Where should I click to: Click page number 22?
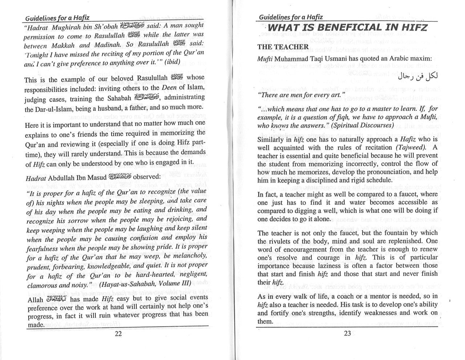click(x=118, y=334)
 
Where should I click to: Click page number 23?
click(x=347, y=333)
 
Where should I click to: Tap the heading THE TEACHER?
click(x=283, y=47)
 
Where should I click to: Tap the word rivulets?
click(x=286, y=241)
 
